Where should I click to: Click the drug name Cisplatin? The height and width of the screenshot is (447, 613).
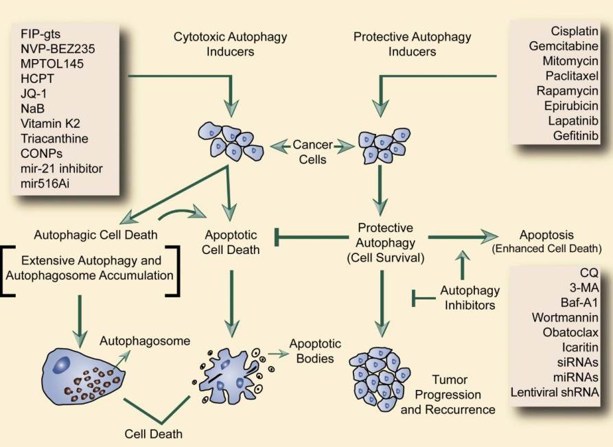(x=575, y=31)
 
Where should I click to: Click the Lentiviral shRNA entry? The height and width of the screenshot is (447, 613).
(x=555, y=392)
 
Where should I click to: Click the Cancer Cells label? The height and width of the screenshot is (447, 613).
(x=313, y=152)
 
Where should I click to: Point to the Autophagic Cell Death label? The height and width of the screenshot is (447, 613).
(x=95, y=235)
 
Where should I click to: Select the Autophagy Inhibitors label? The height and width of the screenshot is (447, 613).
(x=467, y=297)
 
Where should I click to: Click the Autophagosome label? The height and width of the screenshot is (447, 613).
(x=145, y=340)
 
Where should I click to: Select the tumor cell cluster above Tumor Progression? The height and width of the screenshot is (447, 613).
(x=380, y=378)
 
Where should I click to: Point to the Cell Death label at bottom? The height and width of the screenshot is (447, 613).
(x=154, y=433)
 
